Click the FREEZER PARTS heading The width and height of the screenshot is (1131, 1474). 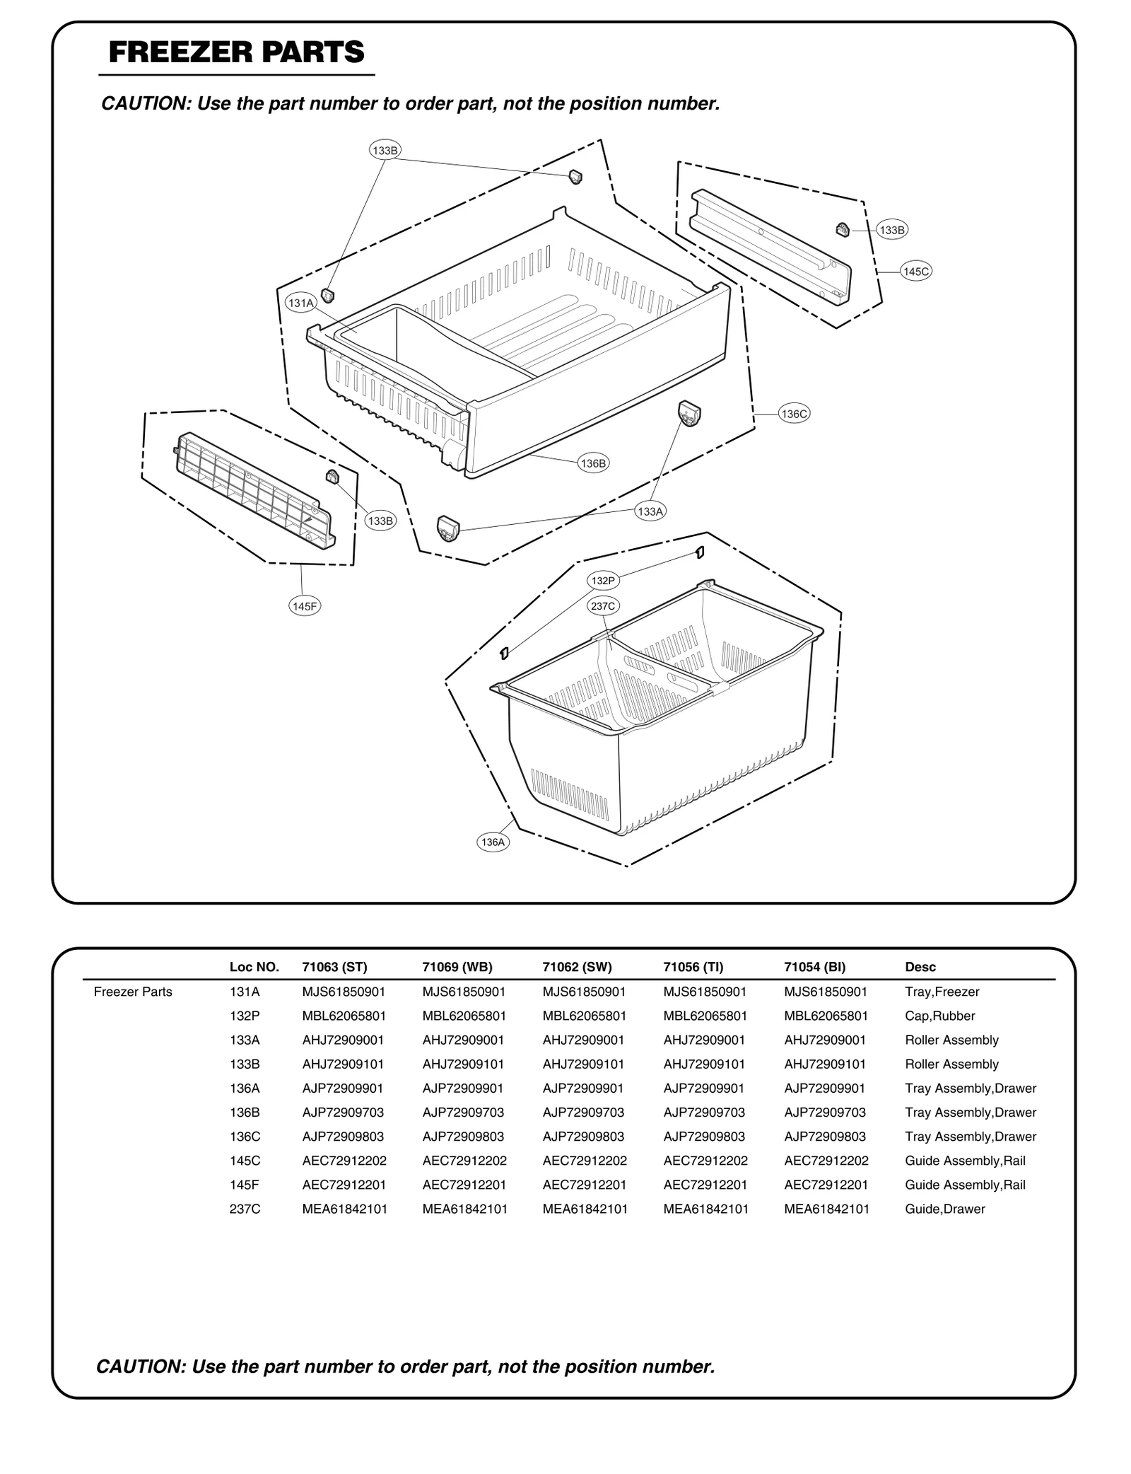(x=236, y=52)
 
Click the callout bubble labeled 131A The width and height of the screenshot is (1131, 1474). (x=300, y=303)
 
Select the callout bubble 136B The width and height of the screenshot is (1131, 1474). (x=592, y=463)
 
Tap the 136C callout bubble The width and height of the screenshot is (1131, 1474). (x=793, y=414)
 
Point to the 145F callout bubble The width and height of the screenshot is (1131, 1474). (x=305, y=606)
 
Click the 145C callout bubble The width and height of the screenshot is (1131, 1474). (x=916, y=271)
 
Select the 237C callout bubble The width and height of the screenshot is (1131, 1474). (x=604, y=606)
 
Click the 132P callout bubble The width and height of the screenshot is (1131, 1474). (x=603, y=581)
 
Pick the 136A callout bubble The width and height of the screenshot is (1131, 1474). (x=493, y=842)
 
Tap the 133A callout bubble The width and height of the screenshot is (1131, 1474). (x=650, y=511)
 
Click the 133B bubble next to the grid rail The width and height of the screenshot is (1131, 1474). (x=380, y=521)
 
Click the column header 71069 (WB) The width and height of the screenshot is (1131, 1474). (x=457, y=967)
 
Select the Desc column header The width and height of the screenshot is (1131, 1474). (x=920, y=967)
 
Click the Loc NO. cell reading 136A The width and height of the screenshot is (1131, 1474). (x=245, y=1088)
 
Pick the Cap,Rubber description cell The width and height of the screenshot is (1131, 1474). (x=939, y=1016)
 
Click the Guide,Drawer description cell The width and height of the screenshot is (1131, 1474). (x=944, y=1209)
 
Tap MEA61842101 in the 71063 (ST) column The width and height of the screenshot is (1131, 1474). (x=344, y=1209)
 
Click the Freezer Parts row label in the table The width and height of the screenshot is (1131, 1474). (x=133, y=992)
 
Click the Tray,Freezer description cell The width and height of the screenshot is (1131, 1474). (x=942, y=992)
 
